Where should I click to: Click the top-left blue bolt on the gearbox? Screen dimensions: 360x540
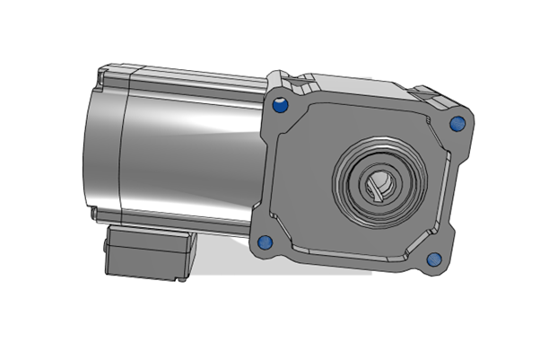(x=278, y=106)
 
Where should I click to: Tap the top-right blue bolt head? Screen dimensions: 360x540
(x=455, y=122)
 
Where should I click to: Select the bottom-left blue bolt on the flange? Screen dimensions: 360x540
(x=265, y=242)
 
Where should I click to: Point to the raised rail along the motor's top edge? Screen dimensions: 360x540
(x=179, y=72)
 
